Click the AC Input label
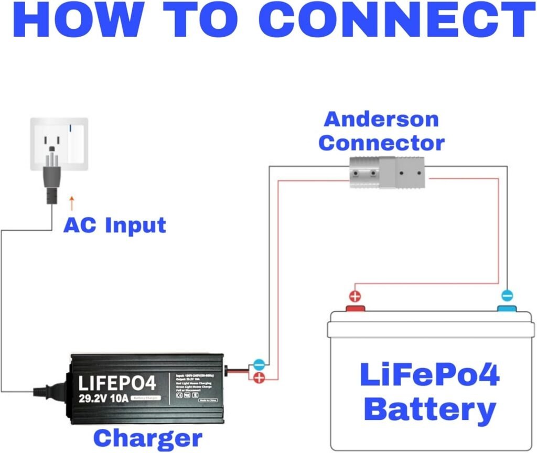[x=114, y=225]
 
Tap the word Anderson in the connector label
[x=381, y=119]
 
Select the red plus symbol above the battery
[x=355, y=296]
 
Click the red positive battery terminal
[x=355, y=308]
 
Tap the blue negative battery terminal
[x=507, y=308]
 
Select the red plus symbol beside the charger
[x=259, y=377]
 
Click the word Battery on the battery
[x=429, y=408]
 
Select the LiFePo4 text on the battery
[x=429, y=375]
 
